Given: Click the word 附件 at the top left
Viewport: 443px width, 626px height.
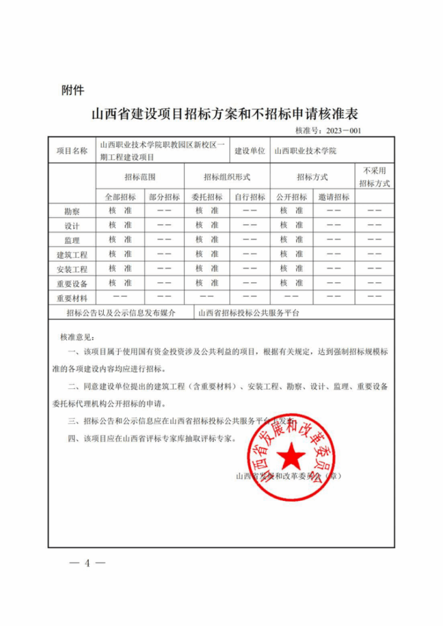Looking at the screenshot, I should point(73,90).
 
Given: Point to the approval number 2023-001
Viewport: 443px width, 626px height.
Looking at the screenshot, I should point(343,130).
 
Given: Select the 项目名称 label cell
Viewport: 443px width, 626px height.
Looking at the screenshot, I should point(72,151).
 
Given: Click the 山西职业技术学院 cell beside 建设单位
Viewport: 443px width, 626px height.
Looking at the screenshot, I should point(306,151).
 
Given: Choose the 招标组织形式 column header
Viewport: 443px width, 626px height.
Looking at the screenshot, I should point(227,177).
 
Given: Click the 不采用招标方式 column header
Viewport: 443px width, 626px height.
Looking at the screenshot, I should point(374,177).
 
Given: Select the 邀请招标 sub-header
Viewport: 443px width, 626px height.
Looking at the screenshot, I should point(334,197).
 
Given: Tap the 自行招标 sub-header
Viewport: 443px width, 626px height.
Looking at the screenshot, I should point(249,197).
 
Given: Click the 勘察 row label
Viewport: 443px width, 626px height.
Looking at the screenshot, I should point(72,211).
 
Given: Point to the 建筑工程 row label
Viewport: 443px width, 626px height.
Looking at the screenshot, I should point(72,254).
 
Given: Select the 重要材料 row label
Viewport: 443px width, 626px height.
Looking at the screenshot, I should point(72,298).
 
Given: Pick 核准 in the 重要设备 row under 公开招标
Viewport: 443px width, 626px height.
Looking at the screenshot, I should point(291,283).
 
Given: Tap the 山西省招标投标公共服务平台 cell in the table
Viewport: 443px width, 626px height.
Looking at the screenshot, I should point(249,312).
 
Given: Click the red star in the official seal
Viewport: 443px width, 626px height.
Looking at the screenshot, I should point(292,455).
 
